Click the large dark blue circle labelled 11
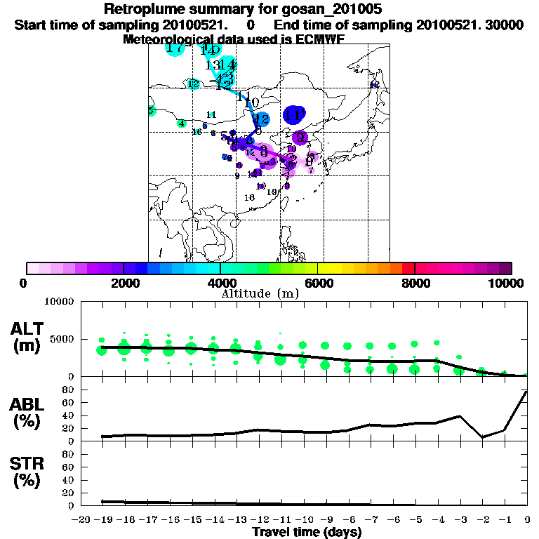pos(293,114)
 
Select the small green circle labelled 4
pos(182,124)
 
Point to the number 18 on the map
pos(249,198)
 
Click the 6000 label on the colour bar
pos(317,284)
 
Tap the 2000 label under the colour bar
pos(123,284)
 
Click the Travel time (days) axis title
pos(307,533)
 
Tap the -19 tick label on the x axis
pos(102,520)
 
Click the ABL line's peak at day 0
pos(526,392)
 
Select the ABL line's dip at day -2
pos(482,437)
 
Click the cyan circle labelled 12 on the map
pos(194,84)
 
